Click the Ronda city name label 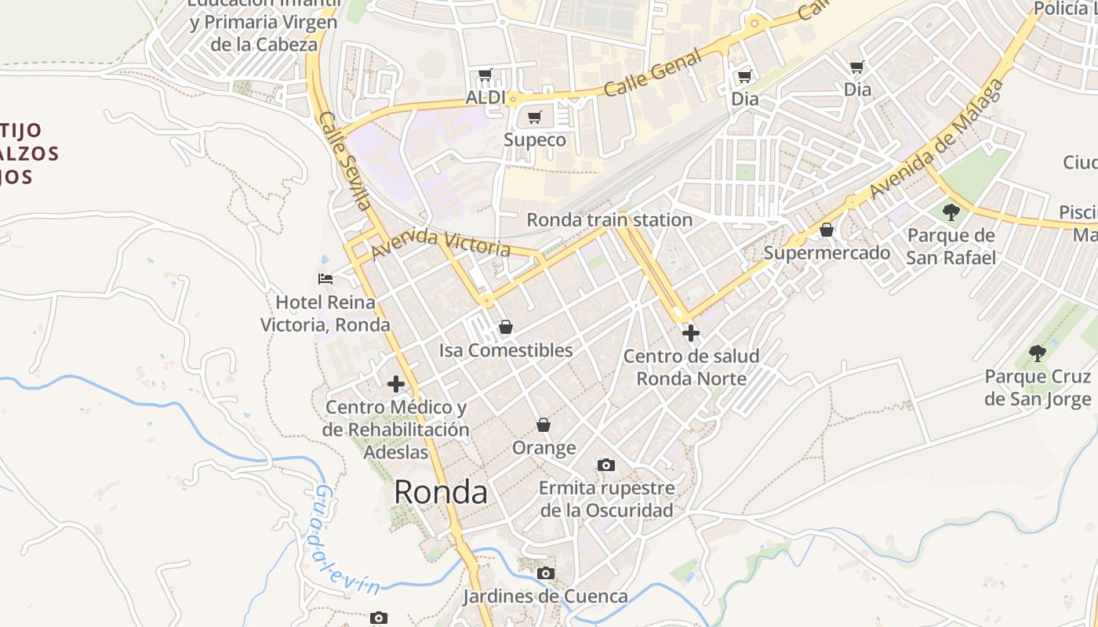tap(440, 492)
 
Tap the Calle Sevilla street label tap(345, 161)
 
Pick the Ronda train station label tap(609, 219)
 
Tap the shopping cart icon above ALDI tap(485, 75)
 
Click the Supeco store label tap(534, 140)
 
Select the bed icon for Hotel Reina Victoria tap(325, 278)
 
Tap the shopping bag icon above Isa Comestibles tap(506, 327)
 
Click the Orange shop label tap(544, 448)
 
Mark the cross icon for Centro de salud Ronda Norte tap(691, 334)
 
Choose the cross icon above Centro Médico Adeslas tap(396, 384)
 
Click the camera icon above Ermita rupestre tap(605, 466)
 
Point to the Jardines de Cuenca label tap(545, 596)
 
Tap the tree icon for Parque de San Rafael tap(951, 212)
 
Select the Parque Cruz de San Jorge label tap(1038, 388)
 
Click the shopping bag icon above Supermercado tap(827, 230)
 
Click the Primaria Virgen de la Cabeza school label tap(264, 33)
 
